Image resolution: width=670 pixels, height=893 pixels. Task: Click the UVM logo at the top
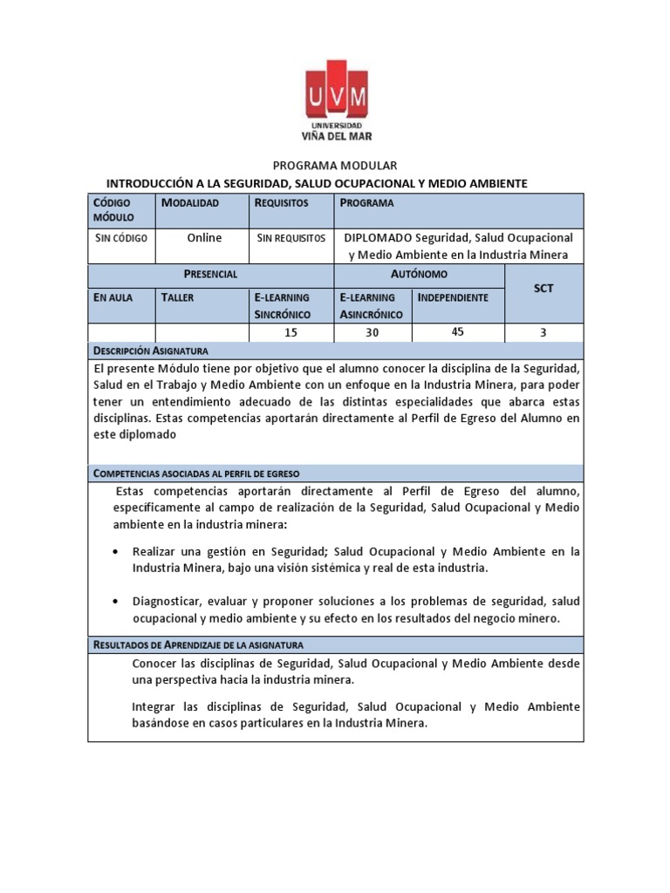[x=336, y=100]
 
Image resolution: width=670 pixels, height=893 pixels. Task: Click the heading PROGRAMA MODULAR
[x=336, y=165]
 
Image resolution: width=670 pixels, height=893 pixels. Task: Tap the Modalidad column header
[x=190, y=203]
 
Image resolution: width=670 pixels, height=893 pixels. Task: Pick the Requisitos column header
[x=281, y=203]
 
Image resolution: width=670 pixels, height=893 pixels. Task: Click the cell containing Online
[x=204, y=238]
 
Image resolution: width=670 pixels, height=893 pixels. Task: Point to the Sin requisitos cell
[x=291, y=238]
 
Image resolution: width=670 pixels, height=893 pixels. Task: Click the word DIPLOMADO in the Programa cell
[x=378, y=238]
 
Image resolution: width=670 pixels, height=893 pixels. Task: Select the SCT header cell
[x=544, y=289]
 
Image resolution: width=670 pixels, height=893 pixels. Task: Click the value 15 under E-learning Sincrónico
[x=291, y=332]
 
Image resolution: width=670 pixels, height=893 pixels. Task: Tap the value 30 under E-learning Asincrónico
[x=373, y=332]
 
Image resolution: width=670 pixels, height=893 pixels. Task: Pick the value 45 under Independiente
[x=458, y=331]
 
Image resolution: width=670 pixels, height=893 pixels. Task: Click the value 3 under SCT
[x=544, y=332]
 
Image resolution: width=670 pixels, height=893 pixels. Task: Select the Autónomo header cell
[x=420, y=274]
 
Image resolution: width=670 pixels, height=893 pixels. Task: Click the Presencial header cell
[x=210, y=274]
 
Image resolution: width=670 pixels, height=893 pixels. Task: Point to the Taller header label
[x=178, y=297]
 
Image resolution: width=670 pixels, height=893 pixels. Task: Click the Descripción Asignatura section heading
[x=150, y=351]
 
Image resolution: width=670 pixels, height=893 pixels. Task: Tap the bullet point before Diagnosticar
[x=118, y=602]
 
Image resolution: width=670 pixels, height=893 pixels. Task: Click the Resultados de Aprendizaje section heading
[x=197, y=645]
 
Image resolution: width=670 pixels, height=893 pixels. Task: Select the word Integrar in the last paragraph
[x=156, y=706]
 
